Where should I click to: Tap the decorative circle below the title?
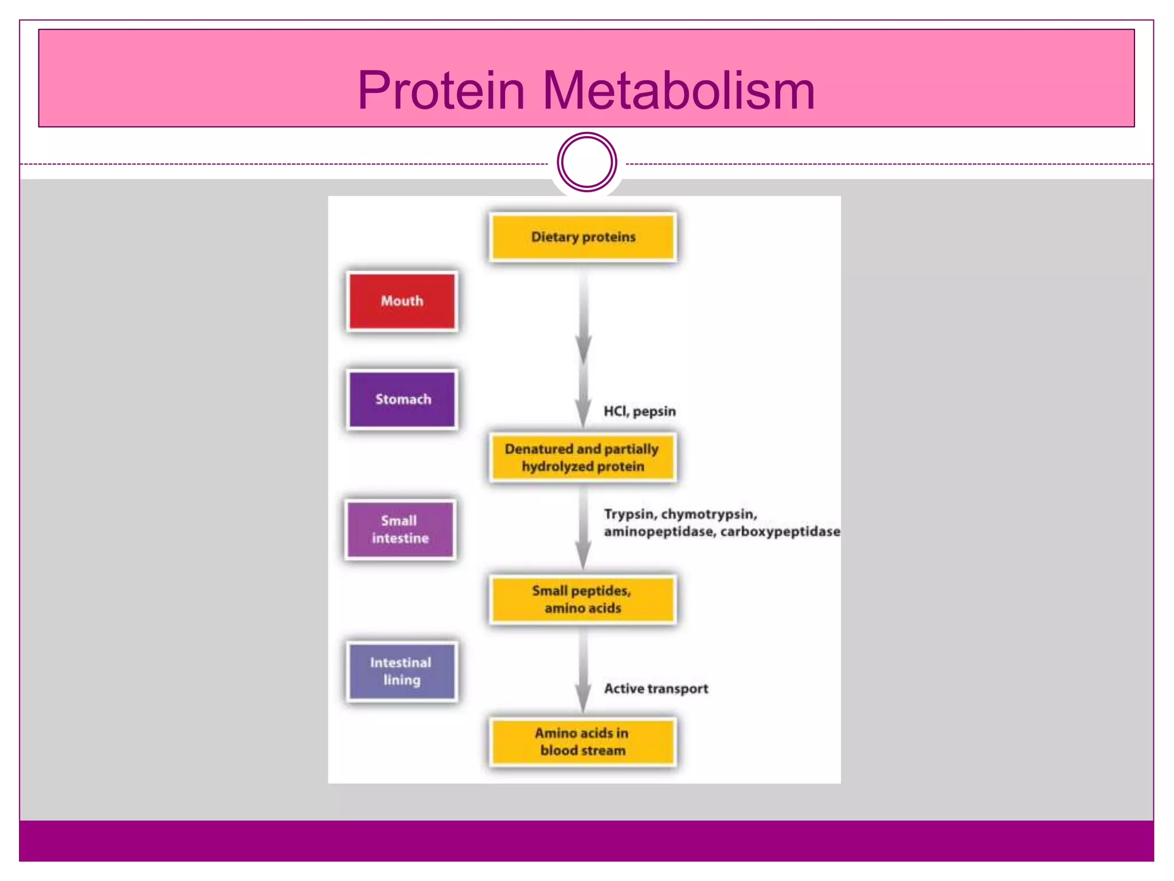click(x=586, y=162)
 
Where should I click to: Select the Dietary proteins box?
click(x=583, y=237)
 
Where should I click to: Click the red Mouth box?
click(x=402, y=301)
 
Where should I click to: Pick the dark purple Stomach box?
click(x=402, y=399)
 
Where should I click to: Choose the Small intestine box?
click(x=400, y=529)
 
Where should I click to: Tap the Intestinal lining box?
click(x=401, y=671)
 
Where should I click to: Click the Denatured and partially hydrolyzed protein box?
click(x=582, y=457)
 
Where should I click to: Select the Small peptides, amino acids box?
click(x=582, y=599)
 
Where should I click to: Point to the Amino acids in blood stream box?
click(x=582, y=742)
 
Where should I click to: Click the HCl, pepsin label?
click(x=639, y=411)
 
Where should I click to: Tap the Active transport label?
click(x=656, y=688)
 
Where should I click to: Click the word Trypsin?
click(x=628, y=514)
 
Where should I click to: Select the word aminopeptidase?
click(x=659, y=532)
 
